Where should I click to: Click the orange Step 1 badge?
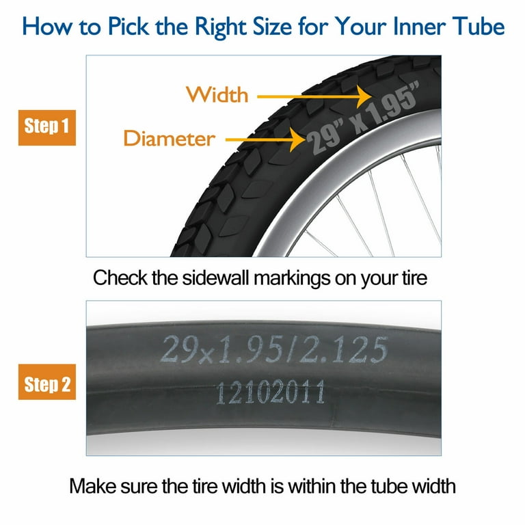pyautogui.click(x=47, y=128)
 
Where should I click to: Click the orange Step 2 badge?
pyautogui.click(x=47, y=381)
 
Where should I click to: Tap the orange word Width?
pyautogui.click(x=217, y=94)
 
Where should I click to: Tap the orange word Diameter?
pyautogui.click(x=170, y=138)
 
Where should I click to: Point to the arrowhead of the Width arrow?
pyautogui.click(x=364, y=96)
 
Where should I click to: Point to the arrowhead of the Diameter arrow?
pyautogui.click(x=298, y=139)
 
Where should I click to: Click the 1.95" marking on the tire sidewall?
pyautogui.click(x=392, y=105)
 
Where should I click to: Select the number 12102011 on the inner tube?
pyautogui.click(x=271, y=392)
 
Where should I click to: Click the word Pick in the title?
pyautogui.click(x=129, y=26)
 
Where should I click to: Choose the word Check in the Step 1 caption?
pyautogui.click(x=120, y=278)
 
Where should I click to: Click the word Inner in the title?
pyautogui.click(x=420, y=26)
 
